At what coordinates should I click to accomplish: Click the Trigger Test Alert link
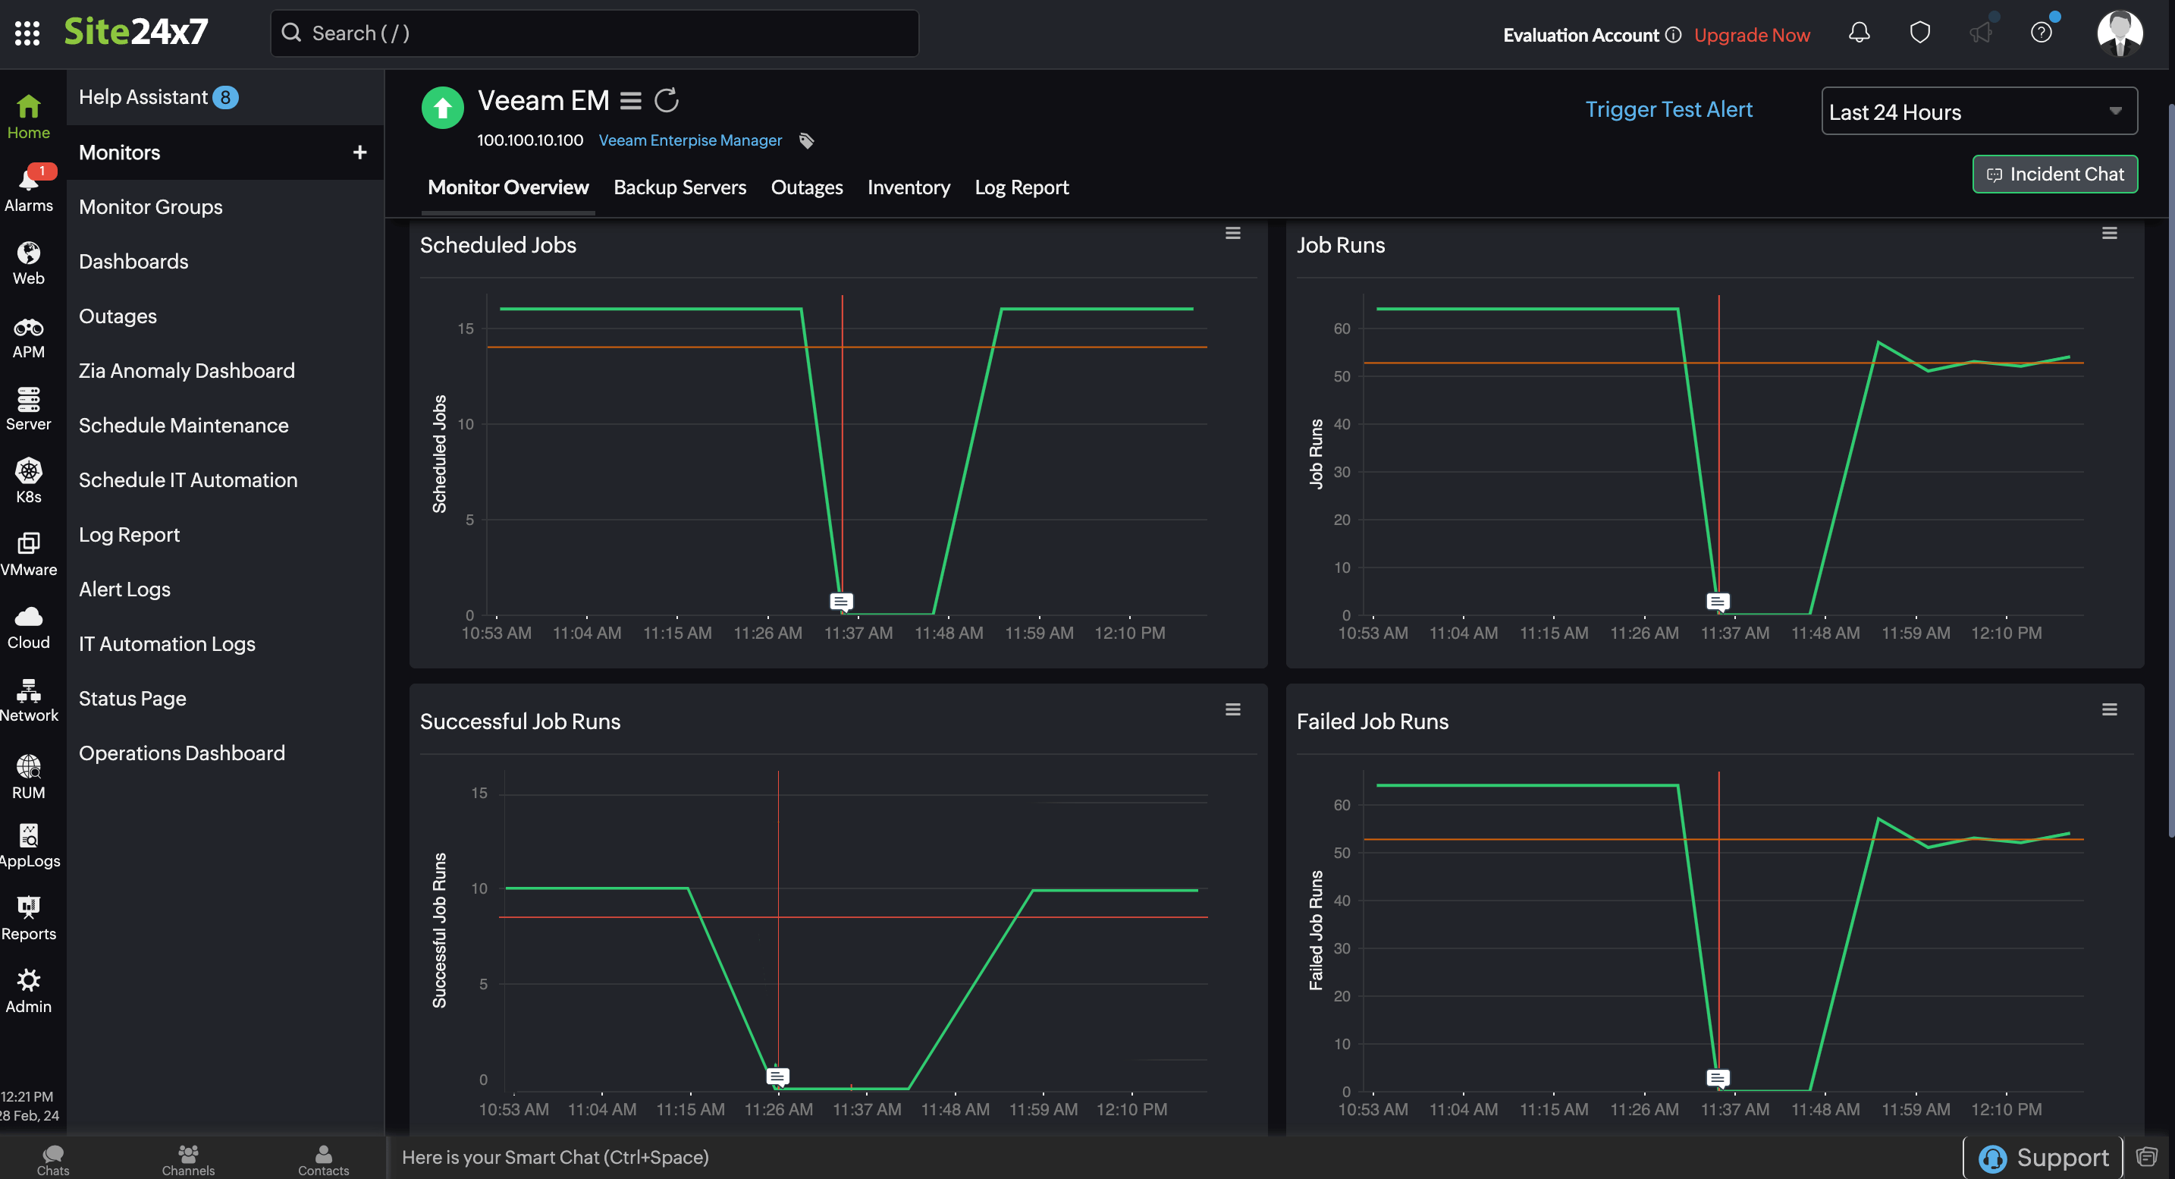[1668, 110]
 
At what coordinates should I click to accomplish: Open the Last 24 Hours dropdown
[1979, 112]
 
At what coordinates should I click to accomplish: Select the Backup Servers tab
[679, 187]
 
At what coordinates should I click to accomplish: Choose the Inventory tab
[909, 187]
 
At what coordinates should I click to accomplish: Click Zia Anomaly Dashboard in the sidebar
[187, 371]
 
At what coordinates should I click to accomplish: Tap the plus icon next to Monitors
[359, 152]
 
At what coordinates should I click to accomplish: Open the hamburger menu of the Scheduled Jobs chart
[1232, 234]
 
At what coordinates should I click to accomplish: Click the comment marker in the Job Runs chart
[1718, 602]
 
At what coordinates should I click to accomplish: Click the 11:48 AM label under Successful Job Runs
[954, 1109]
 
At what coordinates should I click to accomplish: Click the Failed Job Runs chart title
[1371, 722]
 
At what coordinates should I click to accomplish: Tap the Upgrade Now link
[1751, 35]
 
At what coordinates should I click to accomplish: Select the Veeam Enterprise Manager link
[690, 140]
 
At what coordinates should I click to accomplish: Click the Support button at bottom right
[2043, 1157]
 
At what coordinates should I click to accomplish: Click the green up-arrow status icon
[442, 108]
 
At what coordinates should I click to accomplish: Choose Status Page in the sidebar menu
[133, 699]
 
